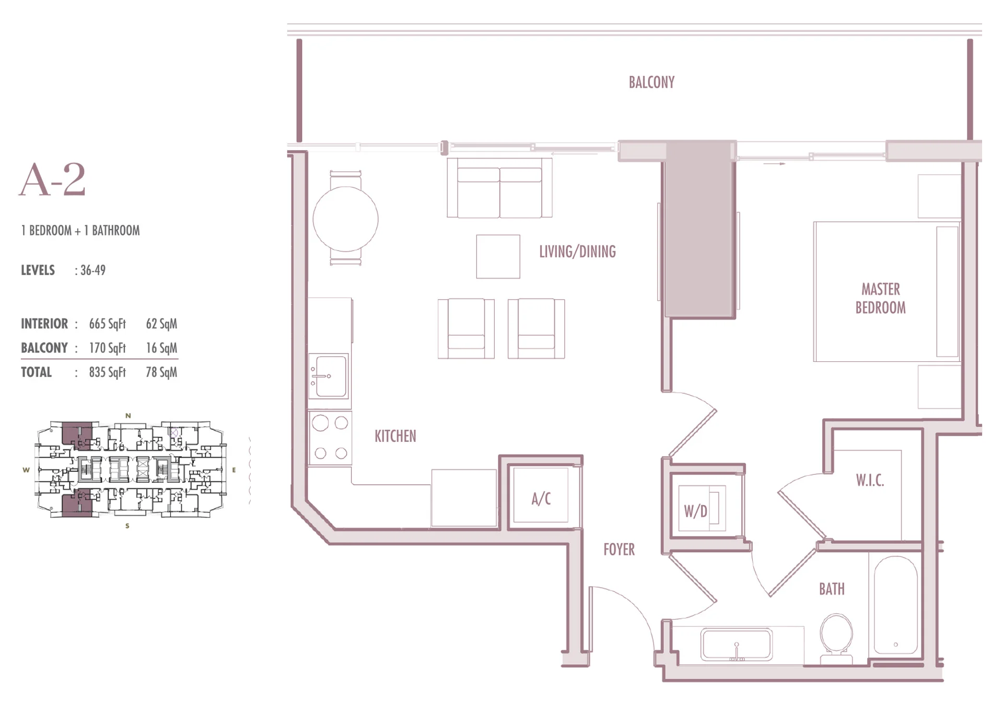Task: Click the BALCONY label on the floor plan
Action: [x=651, y=83]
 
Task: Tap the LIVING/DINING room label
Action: [x=577, y=252]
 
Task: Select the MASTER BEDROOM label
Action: [x=880, y=299]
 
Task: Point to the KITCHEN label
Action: [x=395, y=436]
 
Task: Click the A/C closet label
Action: [x=541, y=499]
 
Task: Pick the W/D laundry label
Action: [x=695, y=511]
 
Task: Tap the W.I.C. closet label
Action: [x=870, y=480]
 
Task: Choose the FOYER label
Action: [x=619, y=549]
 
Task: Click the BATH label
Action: [x=832, y=589]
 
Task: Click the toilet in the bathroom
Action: [x=836, y=639]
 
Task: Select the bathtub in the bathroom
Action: [x=895, y=605]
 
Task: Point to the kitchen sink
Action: [x=329, y=376]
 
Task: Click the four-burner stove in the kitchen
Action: [x=330, y=438]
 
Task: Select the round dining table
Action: [x=345, y=219]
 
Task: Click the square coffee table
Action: [x=498, y=256]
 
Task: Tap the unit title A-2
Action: [x=52, y=180]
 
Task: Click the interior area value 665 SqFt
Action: [x=107, y=324]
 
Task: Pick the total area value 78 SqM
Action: [x=161, y=372]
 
